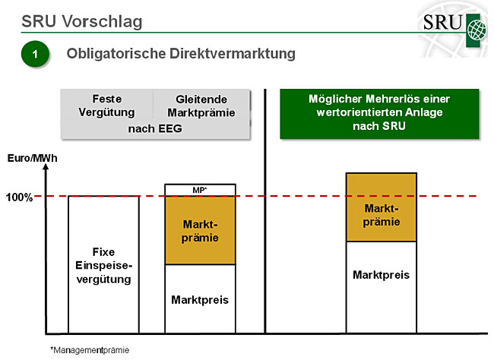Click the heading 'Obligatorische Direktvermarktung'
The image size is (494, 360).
click(x=181, y=55)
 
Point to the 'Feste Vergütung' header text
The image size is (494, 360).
click(x=106, y=106)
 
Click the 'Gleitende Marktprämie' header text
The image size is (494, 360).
click(x=205, y=106)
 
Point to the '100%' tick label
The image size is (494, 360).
click(x=19, y=197)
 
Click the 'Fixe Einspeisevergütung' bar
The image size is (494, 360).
click(x=103, y=264)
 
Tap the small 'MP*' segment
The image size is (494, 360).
click(x=201, y=190)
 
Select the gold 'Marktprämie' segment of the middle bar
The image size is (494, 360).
click(x=201, y=231)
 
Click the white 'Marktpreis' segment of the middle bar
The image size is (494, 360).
click(x=201, y=298)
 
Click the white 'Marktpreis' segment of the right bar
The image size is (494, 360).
click(x=382, y=286)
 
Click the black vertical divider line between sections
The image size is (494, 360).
click(x=265, y=213)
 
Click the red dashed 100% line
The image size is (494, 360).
click(x=304, y=196)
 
